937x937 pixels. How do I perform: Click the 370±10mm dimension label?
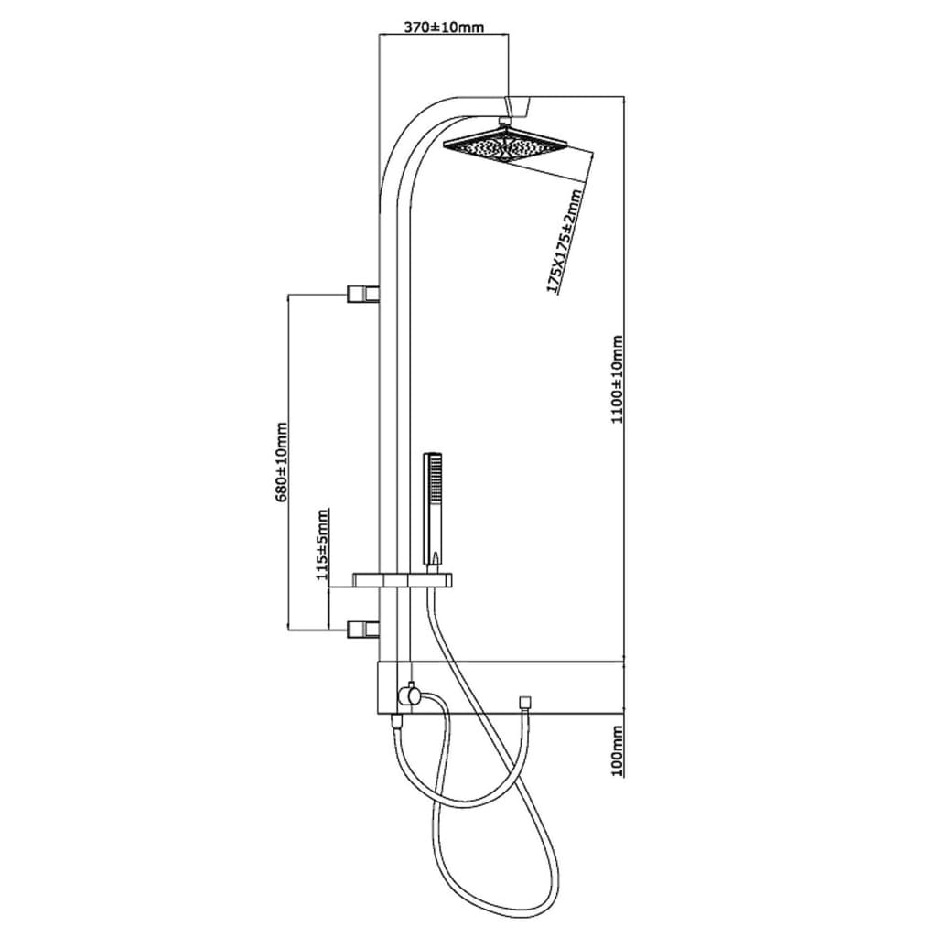[x=444, y=27]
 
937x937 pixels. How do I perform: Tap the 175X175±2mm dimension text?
[x=564, y=241]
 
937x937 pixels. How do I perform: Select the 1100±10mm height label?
[x=617, y=380]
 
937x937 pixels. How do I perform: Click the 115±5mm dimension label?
[x=323, y=544]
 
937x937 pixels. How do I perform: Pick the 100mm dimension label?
[x=618, y=750]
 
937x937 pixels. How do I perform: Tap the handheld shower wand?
[x=432, y=509]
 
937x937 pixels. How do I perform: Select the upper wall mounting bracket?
[x=363, y=294]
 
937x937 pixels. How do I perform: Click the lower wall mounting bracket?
[x=363, y=629]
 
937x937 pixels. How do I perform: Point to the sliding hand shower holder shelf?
[x=402, y=579]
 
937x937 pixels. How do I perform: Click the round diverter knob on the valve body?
[x=410, y=696]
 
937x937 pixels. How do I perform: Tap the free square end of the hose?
[x=526, y=702]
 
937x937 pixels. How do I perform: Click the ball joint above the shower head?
[x=505, y=123]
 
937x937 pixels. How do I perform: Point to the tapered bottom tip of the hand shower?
[x=436, y=559]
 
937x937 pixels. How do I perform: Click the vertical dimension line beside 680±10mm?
[x=288, y=461]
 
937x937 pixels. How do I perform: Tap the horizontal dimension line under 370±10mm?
[x=444, y=36]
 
